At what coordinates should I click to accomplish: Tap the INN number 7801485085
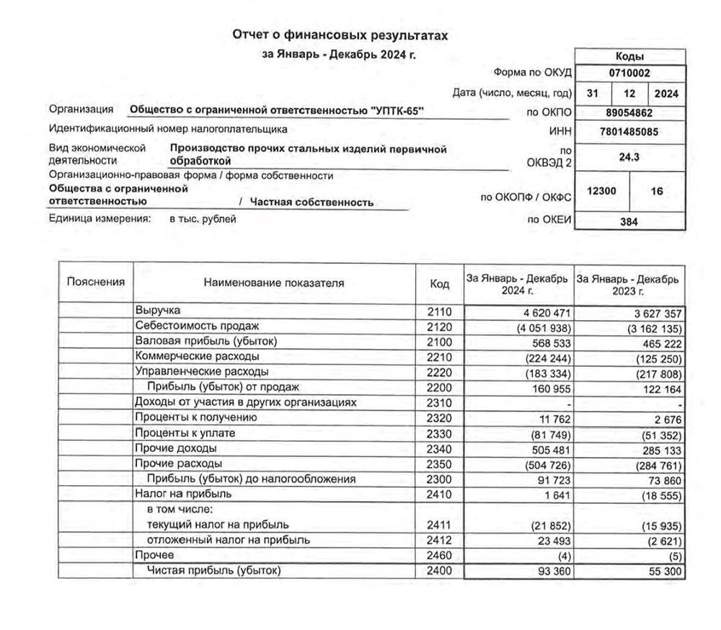pos(629,132)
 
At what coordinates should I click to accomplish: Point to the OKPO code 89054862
pos(629,112)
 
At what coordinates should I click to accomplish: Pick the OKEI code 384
pos(629,222)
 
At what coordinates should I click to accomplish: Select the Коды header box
pos(629,56)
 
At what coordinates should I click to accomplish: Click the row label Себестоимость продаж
pos(197,327)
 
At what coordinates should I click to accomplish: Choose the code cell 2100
pos(439,341)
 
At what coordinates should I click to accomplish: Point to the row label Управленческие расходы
pos(202,372)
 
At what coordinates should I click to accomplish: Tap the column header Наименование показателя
pos(274,283)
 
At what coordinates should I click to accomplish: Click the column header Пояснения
pos(95,283)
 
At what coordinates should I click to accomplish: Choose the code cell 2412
pos(439,540)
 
